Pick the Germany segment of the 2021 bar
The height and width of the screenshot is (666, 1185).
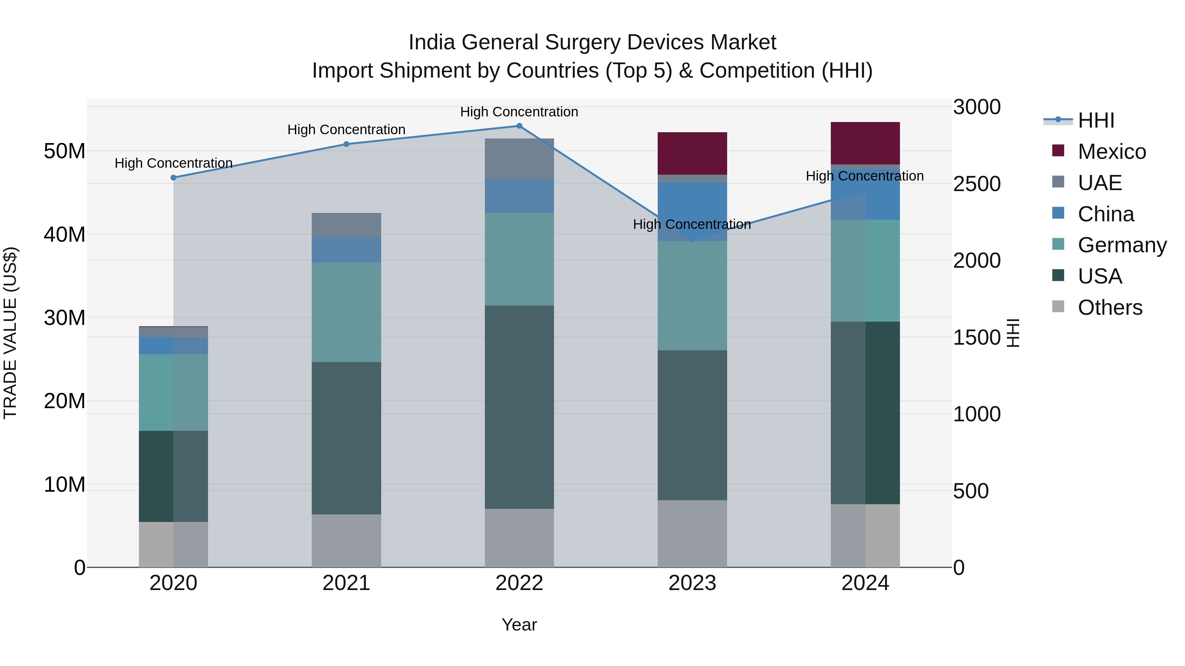click(346, 312)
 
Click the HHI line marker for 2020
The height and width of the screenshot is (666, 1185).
click(173, 177)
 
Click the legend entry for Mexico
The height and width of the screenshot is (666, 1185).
click(1111, 152)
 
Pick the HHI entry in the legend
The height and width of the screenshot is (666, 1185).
click(1096, 120)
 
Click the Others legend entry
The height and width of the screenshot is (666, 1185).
click(1110, 308)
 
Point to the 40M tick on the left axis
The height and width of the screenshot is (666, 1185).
click(65, 234)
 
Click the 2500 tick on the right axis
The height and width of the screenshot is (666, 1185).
click(976, 184)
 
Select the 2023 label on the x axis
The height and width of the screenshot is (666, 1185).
click(692, 583)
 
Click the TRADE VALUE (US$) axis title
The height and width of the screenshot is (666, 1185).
click(10, 333)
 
